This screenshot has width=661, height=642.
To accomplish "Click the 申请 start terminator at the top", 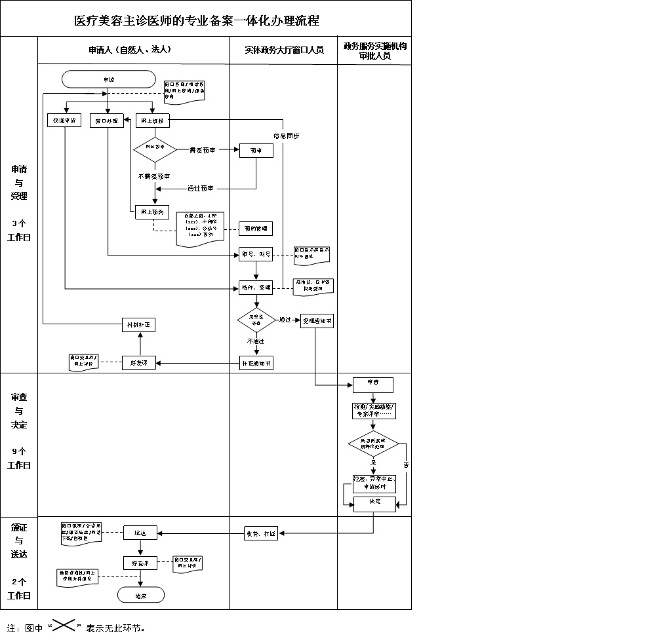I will coord(108,79).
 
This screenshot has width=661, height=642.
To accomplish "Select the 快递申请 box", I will coord(64,121).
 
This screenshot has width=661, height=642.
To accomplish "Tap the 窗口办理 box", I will coord(106,121).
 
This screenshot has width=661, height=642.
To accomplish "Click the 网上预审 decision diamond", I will coord(155,149).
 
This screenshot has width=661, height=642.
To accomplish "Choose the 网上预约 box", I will coord(153,212).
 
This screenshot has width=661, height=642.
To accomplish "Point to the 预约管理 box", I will coord(255,229).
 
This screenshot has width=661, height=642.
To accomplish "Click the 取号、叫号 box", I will coord(255,254).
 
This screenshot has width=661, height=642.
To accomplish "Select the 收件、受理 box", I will coord(255,287).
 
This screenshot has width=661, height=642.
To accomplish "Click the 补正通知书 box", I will coord(255,363).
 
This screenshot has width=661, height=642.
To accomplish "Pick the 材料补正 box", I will coord(140,325).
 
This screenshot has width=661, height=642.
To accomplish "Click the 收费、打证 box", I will coord(261,533).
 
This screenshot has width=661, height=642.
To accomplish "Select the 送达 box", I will coord(140,533).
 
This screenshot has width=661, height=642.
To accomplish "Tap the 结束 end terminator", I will coord(140,595).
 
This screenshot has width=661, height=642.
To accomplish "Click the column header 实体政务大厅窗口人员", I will coord(284,50).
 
